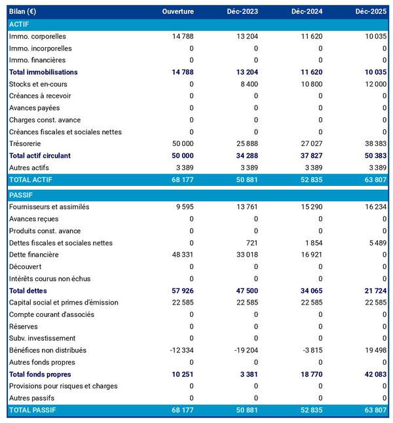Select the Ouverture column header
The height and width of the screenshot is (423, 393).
pos(178,12)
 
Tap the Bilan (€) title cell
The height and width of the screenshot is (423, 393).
pos(22,12)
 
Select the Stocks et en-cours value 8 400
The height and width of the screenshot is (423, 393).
pos(246,84)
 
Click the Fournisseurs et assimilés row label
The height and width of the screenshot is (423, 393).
pos(49,207)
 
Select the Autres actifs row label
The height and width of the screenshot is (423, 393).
pos(29,168)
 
